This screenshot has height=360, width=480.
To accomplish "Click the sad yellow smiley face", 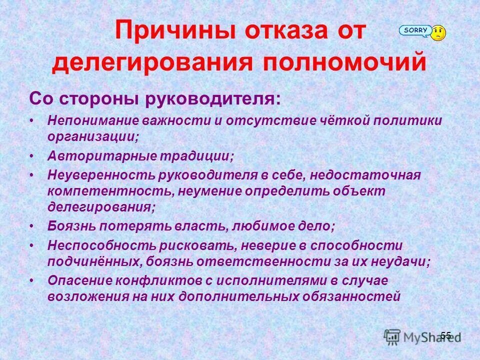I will coord(438,33).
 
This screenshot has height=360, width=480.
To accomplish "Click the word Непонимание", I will coord(93,121).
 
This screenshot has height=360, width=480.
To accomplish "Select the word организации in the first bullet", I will coord(92,136).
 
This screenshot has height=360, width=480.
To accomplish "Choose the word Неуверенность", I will coord(101,175).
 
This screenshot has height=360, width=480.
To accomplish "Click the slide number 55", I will coord(446,335).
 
